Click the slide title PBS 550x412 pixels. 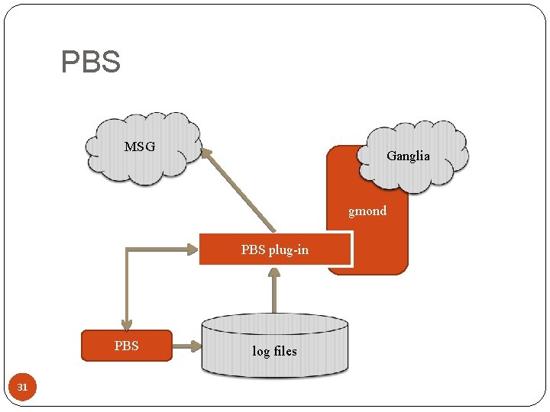[91, 63]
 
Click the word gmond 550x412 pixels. [367, 211]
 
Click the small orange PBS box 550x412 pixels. [127, 346]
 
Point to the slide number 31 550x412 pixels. [22, 388]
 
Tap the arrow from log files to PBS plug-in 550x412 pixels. [274, 294]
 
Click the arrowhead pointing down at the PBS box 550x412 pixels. [127, 322]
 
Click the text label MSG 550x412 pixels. [140, 146]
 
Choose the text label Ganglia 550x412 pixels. [408, 156]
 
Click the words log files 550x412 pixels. [274, 351]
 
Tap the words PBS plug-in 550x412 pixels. [275, 249]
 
